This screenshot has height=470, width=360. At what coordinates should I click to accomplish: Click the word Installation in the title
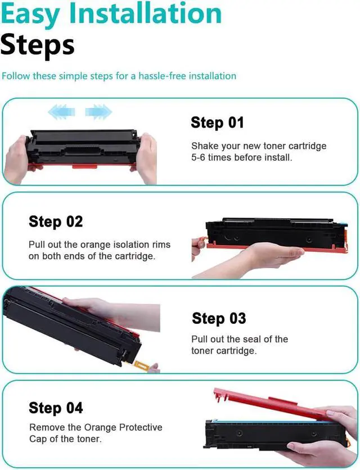pyautogui.click(x=145, y=14)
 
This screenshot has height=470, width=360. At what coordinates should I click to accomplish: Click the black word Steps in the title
pyautogui.click(x=38, y=45)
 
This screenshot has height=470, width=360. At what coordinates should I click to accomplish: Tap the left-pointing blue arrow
pyautogui.click(x=61, y=112)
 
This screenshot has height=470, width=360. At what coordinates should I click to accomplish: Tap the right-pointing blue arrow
pyautogui.click(x=98, y=112)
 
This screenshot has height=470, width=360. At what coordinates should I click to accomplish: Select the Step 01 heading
pyautogui.click(x=217, y=123)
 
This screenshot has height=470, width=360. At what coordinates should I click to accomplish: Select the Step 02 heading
pyautogui.click(x=56, y=222)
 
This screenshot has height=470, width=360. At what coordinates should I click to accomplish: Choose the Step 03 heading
pyautogui.click(x=219, y=318)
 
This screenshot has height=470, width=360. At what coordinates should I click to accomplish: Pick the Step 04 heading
pyautogui.click(x=56, y=408)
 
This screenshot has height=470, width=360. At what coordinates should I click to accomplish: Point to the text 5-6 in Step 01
pyautogui.click(x=198, y=157)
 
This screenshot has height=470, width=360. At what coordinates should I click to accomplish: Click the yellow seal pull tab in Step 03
pyautogui.click(x=141, y=365)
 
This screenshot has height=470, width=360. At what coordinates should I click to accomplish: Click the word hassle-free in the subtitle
pyautogui.click(x=162, y=76)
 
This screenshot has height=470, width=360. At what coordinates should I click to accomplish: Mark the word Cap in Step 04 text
pyautogui.click(x=38, y=440)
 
